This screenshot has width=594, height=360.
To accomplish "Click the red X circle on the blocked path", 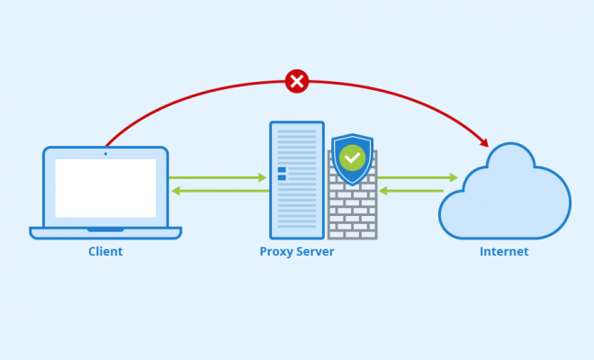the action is [297, 81].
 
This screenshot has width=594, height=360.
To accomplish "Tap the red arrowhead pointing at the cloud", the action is [484, 143].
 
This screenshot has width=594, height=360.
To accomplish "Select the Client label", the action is [105, 252].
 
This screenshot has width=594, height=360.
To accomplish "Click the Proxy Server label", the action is [297, 252].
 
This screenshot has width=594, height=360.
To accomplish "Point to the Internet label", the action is [504, 252].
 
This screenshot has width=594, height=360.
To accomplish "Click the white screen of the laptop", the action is [105, 188].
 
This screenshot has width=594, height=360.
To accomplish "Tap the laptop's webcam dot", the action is [105, 154].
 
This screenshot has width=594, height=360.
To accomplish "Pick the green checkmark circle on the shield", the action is [352, 157].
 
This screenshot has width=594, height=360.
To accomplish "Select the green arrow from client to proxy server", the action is [218, 177].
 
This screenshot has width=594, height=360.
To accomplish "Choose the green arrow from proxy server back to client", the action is [220, 191].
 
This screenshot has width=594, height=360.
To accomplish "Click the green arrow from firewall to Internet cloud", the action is [418, 177].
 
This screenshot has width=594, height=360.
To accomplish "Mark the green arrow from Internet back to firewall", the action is [411, 191].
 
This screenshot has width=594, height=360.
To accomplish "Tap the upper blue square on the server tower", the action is [282, 170].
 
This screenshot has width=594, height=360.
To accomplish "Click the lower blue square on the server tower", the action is [282, 177].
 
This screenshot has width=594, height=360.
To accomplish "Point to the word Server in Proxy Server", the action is [315, 252].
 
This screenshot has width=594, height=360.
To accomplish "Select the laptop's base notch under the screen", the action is [105, 230].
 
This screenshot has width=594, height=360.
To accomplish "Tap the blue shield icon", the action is [352, 159].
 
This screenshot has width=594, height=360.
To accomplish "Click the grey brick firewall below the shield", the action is [352, 212].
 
